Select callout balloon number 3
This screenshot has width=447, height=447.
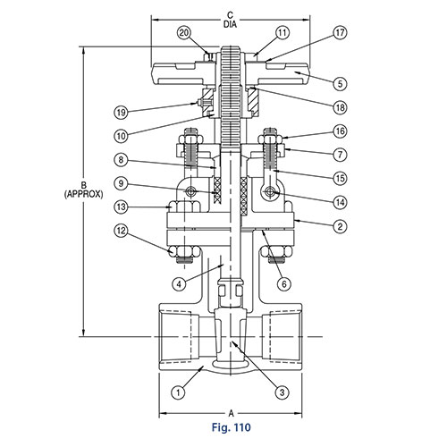[283, 390]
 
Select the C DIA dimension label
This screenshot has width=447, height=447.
[231, 19]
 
